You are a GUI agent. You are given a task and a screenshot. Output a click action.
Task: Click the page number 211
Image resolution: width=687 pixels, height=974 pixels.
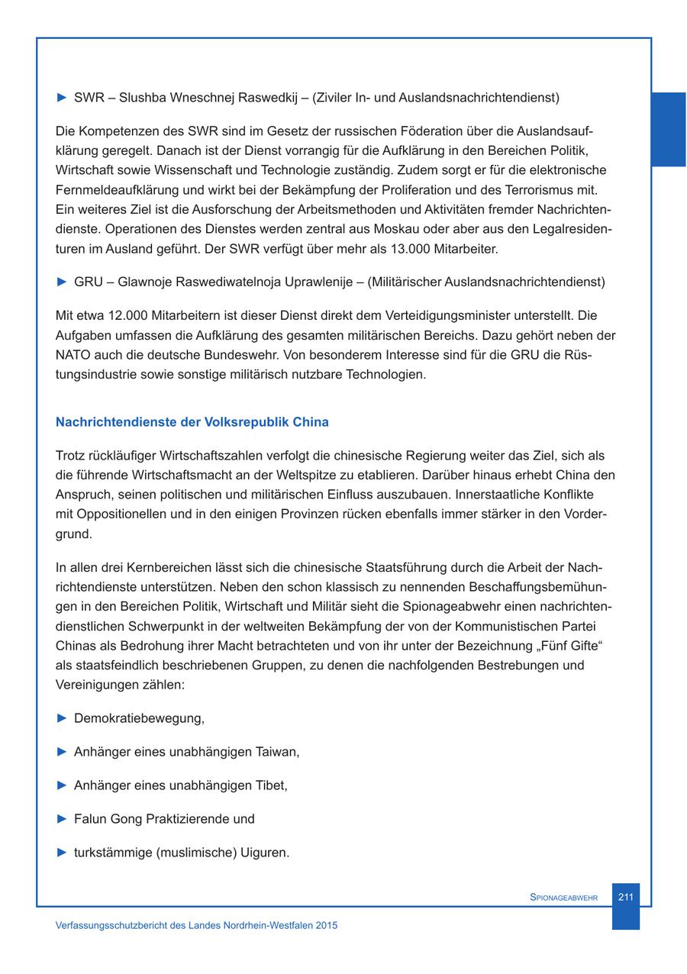point(625,897)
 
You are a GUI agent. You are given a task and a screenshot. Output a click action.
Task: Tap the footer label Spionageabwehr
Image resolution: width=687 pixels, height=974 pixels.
point(563,898)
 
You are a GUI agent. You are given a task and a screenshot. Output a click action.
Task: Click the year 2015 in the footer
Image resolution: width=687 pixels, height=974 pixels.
point(326,925)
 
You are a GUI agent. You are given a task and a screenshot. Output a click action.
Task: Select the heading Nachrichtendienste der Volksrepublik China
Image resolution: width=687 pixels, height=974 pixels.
point(192,422)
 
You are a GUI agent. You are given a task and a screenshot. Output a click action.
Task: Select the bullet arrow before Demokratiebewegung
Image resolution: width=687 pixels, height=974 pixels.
point(63,718)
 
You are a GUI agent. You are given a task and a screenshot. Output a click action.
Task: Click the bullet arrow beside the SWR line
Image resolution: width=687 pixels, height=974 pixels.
point(63,98)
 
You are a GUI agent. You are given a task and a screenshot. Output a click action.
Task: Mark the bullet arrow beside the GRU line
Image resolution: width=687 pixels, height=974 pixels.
point(63,282)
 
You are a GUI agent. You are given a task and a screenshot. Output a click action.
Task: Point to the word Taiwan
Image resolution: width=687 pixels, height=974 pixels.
point(276,752)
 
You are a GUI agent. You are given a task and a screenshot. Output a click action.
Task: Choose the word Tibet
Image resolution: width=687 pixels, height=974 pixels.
point(269,785)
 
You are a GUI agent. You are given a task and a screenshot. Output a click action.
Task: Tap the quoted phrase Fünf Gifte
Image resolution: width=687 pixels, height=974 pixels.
point(569,646)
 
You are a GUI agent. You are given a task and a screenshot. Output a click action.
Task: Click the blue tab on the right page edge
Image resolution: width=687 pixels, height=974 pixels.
point(669,129)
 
